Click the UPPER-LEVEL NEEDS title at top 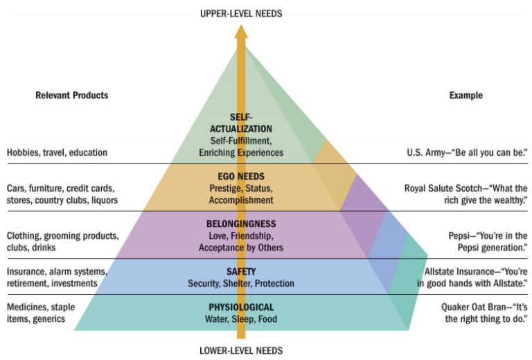240,13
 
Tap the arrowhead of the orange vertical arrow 241,31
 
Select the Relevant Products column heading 72,96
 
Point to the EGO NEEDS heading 241,177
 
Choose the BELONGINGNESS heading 241,224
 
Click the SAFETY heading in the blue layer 241,272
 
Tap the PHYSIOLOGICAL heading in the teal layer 241,307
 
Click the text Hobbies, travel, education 57,152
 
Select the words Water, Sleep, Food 241,319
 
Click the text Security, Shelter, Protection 241,284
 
